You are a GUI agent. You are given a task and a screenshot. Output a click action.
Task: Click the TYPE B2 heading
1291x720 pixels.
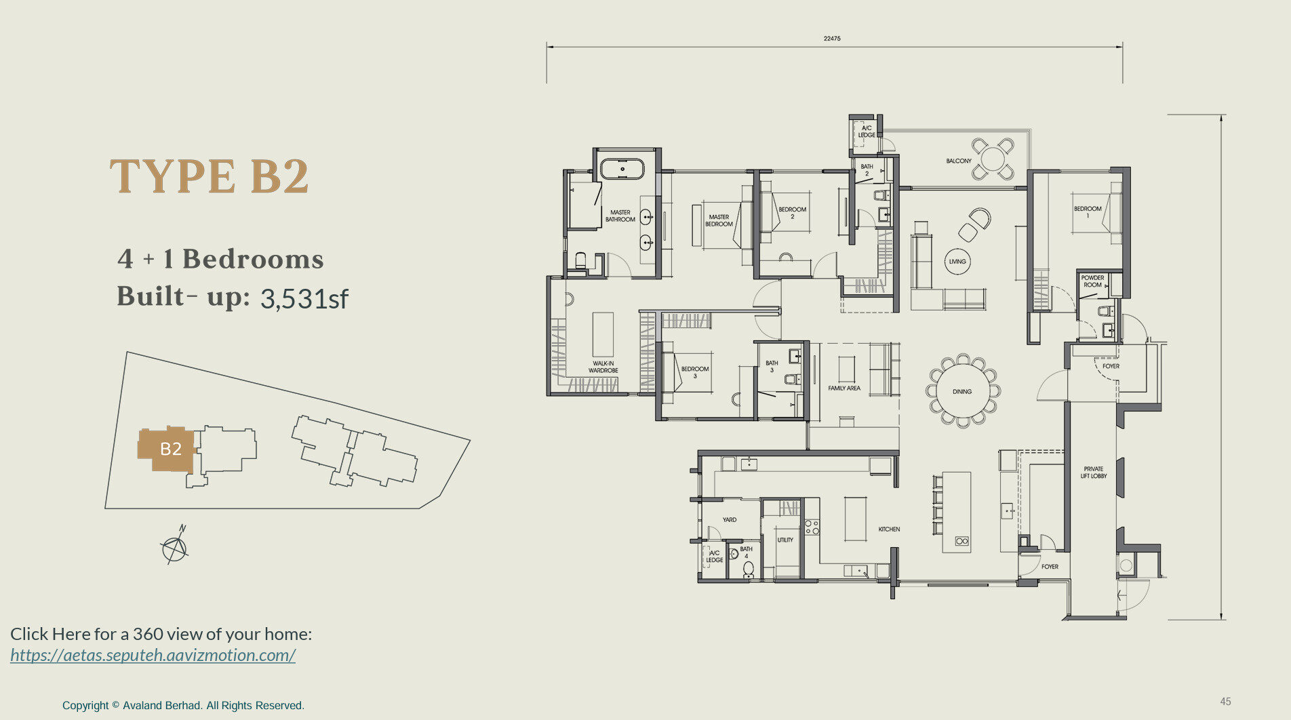click(x=210, y=176)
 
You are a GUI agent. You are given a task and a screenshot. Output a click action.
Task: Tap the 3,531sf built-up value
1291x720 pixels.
click(x=304, y=298)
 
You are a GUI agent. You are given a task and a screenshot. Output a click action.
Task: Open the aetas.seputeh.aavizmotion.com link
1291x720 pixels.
click(x=153, y=655)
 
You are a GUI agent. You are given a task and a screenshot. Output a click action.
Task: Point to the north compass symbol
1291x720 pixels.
click(x=175, y=546)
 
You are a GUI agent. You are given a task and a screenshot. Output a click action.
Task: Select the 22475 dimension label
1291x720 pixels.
click(x=832, y=39)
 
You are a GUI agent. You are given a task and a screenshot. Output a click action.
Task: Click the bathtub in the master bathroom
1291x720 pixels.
click(x=622, y=169)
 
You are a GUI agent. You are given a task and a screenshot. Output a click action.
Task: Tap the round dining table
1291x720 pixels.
click(x=962, y=391)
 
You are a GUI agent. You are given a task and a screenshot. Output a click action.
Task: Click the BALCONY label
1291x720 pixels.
click(x=959, y=161)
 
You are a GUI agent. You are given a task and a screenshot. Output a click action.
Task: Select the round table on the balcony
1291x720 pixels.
click(x=993, y=159)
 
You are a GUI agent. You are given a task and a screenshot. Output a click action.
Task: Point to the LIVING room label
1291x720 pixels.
click(x=957, y=262)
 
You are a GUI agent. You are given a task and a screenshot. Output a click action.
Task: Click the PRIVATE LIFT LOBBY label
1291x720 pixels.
click(x=1094, y=473)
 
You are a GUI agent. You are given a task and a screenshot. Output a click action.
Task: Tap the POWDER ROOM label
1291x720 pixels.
click(x=1092, y=281)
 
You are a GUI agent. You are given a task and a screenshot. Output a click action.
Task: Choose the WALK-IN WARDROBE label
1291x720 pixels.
click(x=603, y=367)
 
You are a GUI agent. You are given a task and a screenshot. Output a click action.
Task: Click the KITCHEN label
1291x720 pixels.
click(x=889, y=529)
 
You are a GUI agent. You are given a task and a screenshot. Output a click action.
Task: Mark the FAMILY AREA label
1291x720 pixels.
click(x=844, y=388)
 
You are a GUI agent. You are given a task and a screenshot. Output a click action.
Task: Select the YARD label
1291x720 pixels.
click(x=730, y=520)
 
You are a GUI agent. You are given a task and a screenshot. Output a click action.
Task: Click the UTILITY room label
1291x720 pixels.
click(x=785, y=540)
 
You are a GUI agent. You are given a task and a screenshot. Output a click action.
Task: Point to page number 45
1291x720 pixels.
click(x=1225, y=702)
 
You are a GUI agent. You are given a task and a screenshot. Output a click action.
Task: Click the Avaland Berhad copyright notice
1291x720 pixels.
click(x=183, y=705)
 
